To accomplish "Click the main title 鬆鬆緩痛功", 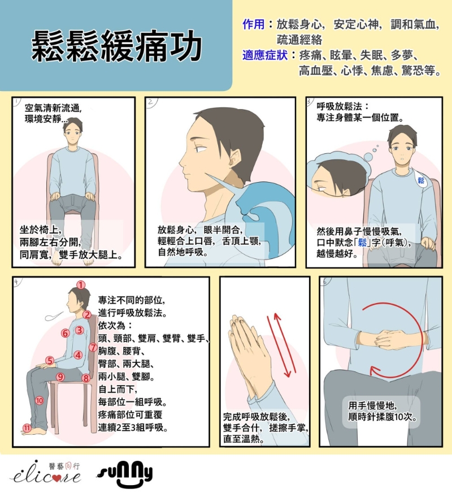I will [116, 46].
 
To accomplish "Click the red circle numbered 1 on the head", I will [81, 285].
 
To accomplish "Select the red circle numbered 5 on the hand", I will [50, 360].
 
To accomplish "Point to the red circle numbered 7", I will [93, 347].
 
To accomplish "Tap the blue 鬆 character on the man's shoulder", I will [421, 180].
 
